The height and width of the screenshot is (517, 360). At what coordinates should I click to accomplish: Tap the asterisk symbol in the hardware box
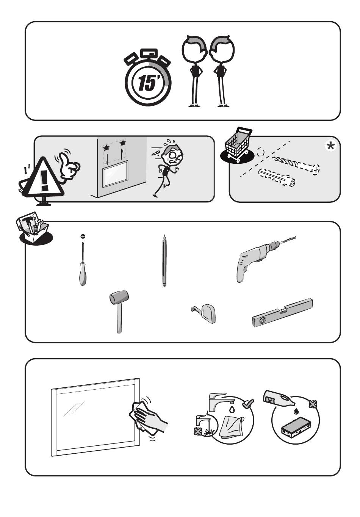point(330,146)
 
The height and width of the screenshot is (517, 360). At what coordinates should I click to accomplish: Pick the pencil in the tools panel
point(164,260)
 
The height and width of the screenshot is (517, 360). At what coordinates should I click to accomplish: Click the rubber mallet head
point(119,297)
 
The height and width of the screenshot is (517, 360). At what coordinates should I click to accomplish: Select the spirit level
point(282,313)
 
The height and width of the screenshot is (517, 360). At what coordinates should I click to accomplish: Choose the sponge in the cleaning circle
point(296,429)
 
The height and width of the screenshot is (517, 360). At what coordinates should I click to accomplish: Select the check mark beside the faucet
point(248,403)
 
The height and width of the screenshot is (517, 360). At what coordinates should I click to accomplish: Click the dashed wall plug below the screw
point(277,177)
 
